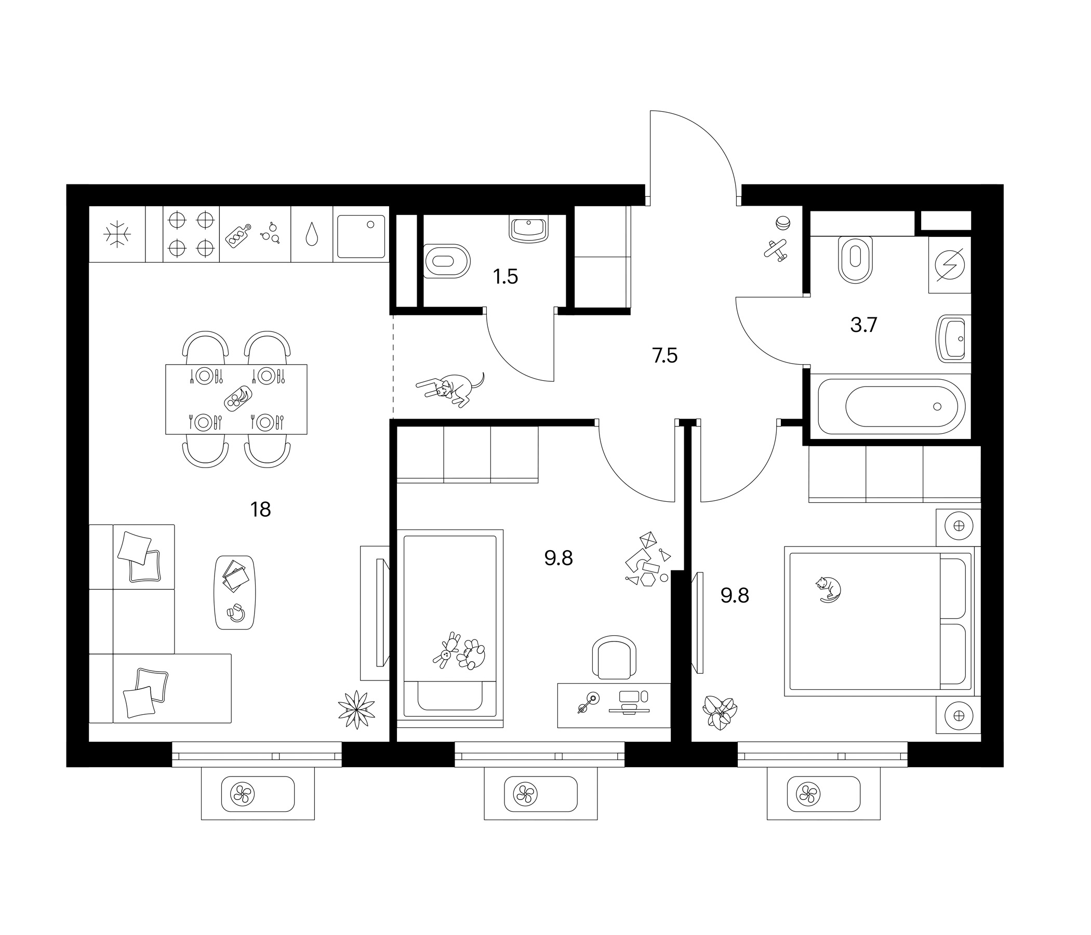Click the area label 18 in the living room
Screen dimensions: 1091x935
[261, 510]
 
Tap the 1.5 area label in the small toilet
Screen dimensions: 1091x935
[505, 276]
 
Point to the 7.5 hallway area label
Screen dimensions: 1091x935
[664, 356]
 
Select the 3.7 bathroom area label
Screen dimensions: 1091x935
[863, 325]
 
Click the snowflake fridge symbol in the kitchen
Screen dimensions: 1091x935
[117, 234]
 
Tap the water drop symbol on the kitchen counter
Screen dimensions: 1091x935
[312, 234]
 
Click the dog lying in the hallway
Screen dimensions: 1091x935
[451, 389]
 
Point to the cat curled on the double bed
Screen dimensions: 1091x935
[828, 589]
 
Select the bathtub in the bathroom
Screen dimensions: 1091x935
[892, 406]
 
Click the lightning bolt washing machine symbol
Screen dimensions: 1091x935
[950, 265]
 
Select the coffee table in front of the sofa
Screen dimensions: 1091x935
[235, 592]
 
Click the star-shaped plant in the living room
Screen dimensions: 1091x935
[356, 709]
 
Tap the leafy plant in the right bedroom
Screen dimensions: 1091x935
[720, 712]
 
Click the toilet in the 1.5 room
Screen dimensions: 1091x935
[447, 261]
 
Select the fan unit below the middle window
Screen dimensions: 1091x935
[541, 793]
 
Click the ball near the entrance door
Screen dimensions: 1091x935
[782, 223]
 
